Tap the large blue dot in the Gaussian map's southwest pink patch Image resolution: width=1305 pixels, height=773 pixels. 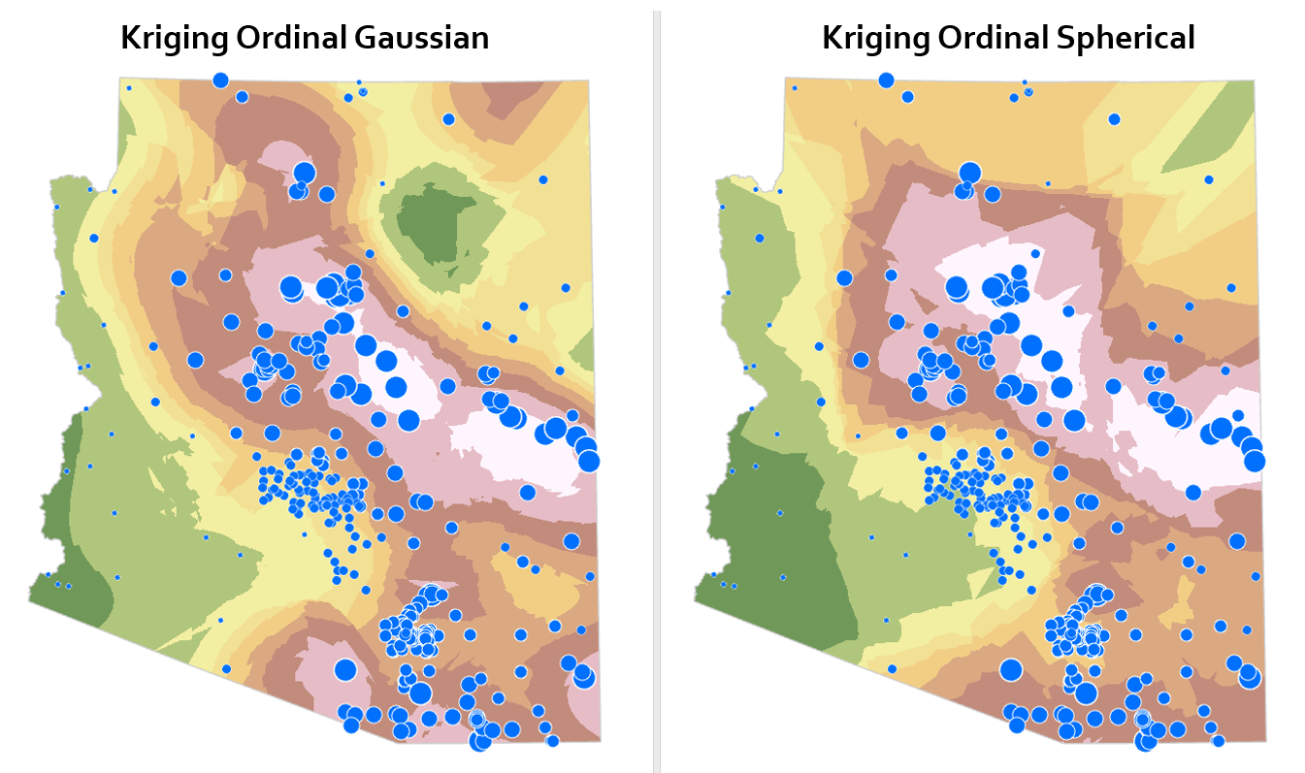coord(345,669)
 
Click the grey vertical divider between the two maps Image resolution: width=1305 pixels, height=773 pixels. coord(657,388)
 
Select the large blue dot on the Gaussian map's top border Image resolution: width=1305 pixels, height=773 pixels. coord(220,81)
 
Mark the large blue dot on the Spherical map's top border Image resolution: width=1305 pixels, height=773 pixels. coord(886,81)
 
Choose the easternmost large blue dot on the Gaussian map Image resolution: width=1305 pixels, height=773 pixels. coord(588,461)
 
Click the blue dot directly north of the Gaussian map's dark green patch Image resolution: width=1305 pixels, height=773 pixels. coord(448,119)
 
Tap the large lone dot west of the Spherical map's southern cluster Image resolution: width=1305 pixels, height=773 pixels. coord(1011,670)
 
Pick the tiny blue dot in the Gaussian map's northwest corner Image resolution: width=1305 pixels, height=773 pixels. coord(129,88)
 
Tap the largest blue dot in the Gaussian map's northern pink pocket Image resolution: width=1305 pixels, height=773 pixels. coord(305,173)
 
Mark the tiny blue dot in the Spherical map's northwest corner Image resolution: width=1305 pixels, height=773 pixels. coord(795,88)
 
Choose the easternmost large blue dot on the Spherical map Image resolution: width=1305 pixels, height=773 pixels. coord(1254,461)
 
